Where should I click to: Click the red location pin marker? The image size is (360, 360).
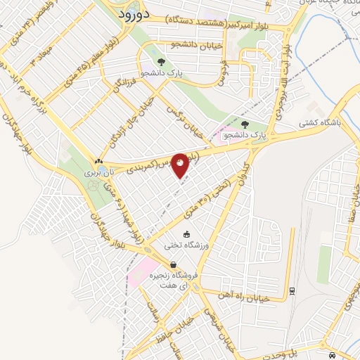[180, 165]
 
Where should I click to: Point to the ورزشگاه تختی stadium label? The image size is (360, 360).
[185, 245]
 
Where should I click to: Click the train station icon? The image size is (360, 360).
[293, 288]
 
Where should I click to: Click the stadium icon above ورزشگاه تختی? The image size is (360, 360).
[186, 234]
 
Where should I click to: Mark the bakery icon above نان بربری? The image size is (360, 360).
[98, 161]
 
